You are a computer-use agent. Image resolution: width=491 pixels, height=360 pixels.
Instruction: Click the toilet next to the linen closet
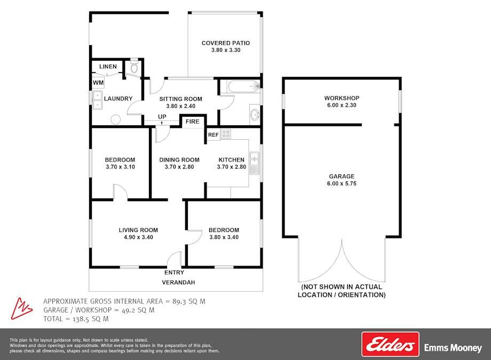coord(134,66)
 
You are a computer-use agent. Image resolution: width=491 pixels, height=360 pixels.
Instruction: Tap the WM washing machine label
coord(98,83)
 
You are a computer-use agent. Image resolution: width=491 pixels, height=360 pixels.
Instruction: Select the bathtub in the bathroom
coord(243,86)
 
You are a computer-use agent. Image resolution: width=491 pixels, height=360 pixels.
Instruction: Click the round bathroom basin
coord(255,115)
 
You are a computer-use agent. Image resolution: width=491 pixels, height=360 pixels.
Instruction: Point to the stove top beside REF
coord(226,134)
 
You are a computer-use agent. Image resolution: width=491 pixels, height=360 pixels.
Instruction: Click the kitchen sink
coord(254,163)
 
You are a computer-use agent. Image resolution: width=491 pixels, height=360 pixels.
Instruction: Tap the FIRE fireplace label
coord(192,122)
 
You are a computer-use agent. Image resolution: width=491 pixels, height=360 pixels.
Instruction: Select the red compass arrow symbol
coord(21,309)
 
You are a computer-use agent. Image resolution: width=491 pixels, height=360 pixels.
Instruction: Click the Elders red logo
coord(390,344)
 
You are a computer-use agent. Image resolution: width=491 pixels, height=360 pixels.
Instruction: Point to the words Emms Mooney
coord(453,348)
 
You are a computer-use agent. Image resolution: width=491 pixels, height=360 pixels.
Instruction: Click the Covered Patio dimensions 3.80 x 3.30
coord(226,50)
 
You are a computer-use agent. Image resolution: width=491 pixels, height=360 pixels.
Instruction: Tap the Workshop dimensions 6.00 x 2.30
coord(342,105)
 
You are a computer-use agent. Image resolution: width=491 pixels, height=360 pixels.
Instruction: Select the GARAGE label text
coord(342,176)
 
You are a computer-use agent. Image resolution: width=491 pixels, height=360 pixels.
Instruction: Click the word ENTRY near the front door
coord(174,273)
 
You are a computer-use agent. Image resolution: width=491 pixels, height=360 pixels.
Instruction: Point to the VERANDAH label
coord(178,282)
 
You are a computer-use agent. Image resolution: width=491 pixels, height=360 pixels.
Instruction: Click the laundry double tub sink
coord(97,100)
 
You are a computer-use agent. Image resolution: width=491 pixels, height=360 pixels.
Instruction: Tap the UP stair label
coord(162,117)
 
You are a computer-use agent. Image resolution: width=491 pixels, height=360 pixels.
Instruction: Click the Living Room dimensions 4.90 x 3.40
coord(138,237)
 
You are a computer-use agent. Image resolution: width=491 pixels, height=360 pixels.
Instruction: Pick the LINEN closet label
coord(108,66)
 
